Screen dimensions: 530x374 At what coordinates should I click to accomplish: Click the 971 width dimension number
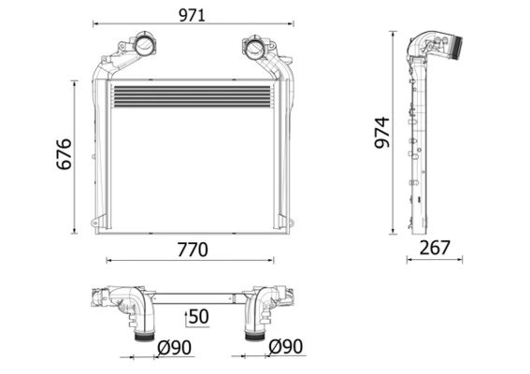point(192,16)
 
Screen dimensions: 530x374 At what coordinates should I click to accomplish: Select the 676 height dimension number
point(64,154)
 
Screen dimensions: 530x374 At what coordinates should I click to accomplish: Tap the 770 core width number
point(193,250)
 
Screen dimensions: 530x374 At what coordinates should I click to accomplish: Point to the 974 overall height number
point(382,133)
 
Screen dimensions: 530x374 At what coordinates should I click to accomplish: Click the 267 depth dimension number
point(435,248)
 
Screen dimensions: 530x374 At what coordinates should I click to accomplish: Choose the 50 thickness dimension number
point(199,317)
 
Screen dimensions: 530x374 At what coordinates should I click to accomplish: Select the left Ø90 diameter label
point(175,348)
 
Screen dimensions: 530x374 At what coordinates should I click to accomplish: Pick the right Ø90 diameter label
point(286,347)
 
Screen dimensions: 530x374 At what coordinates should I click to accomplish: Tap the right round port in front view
point(254,48)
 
